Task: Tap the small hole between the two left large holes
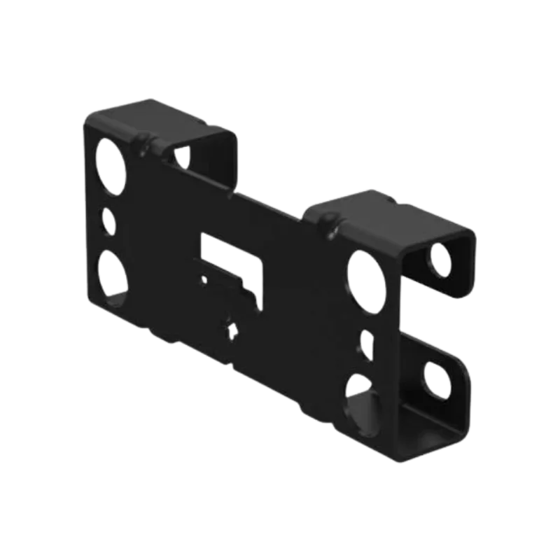[109, 220]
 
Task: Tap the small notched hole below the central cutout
[230, 327]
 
